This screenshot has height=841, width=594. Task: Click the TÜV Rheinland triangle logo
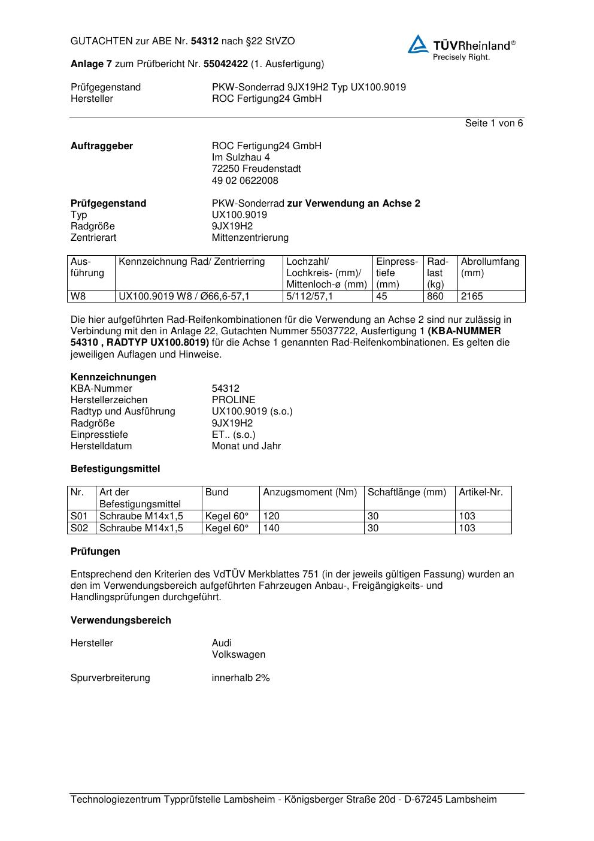point(418,44)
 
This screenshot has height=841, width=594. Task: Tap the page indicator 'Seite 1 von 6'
point(493,123)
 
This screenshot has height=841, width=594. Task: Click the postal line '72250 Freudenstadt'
point(256,169)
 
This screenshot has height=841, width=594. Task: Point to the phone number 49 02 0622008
point(245,181)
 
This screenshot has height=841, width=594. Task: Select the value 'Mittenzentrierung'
point(250,238)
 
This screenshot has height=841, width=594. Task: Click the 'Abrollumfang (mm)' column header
point(490,267)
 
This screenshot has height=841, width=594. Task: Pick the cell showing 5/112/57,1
point(310,297)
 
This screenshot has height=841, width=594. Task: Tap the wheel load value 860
point(435,297)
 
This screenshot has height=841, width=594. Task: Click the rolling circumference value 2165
point(472,297)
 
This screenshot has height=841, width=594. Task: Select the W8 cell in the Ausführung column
point(78,297)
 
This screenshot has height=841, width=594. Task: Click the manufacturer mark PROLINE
point(234,400)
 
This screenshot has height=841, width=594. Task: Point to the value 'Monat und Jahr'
point(246,446)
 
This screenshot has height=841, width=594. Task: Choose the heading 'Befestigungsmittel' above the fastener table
point(115,469)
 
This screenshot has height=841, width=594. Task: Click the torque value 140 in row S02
point(271,528)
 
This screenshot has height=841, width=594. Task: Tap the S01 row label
point(80,516)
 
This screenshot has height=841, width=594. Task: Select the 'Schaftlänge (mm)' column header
point(407,492)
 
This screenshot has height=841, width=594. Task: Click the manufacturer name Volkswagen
point(238,655)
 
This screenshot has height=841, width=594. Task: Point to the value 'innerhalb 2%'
point(241,678)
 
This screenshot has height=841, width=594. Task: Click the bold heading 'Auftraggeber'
point(102,146)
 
